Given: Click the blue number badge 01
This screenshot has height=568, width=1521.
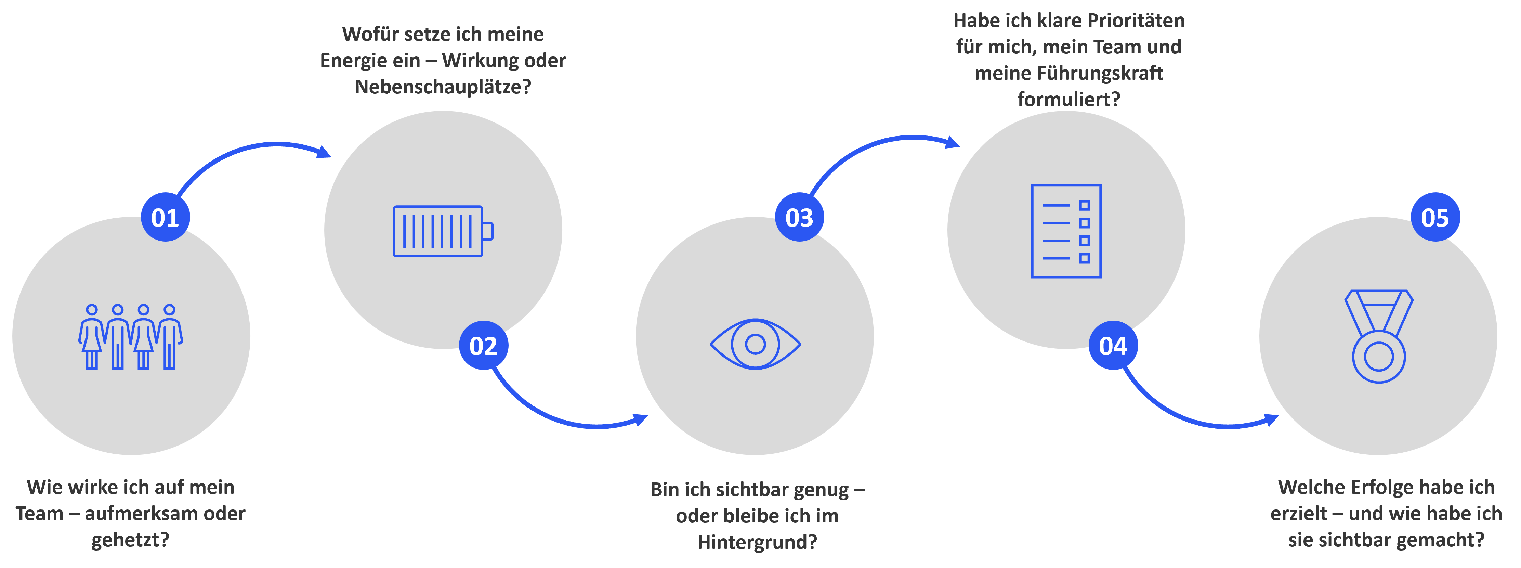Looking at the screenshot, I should pyautogui.click(x=165, y=217).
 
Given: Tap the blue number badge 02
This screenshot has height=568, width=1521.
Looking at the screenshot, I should pyautogui.click(x=483, y=345).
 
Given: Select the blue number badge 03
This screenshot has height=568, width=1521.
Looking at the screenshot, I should pyautogui.click(x=799, y=217).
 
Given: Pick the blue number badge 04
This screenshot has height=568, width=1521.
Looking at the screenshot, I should pyautogui.click(x=1113, y=345).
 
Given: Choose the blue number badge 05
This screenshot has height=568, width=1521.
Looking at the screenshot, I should pyautogui.click(x=1435, y=217).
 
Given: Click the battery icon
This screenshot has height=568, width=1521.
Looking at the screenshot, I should pyautogui.click(x=443, y=231).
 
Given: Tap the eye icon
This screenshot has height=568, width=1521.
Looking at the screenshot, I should pyautogui.click(x=755, y=344).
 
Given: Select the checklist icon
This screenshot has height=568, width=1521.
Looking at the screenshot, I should pyautogui.click(x=1066, y=231).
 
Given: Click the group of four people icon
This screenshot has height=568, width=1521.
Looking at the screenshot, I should pyautogui.click(x=131, y=337).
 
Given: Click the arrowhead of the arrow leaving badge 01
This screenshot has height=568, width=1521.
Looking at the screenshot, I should pyautogui.click(x=324, y=152).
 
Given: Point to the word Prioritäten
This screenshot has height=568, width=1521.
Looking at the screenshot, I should pyautogui.click(x=1136, y=21).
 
